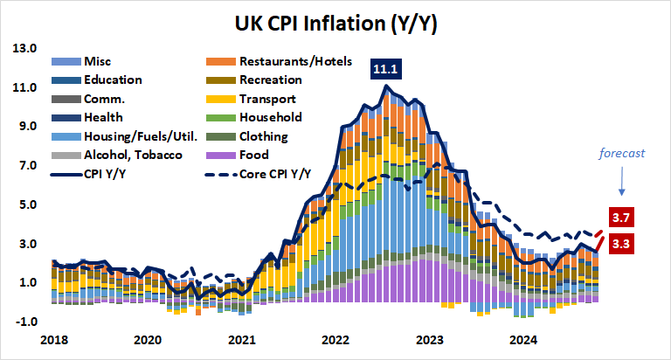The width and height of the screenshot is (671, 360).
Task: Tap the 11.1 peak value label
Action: pos(384,67)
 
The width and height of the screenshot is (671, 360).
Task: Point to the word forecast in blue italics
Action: pos(621,153)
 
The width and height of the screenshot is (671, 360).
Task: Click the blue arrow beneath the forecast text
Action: pos(620,181)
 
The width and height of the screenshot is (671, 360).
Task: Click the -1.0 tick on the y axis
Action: pos(24,322)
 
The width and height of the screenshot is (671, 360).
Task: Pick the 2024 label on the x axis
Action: pos(523,340)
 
